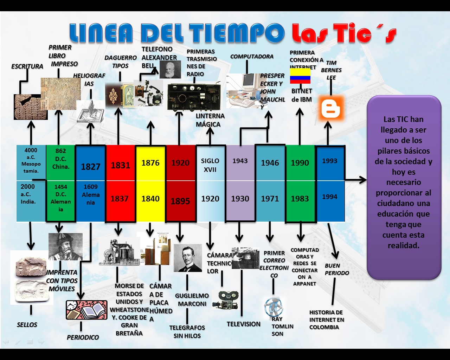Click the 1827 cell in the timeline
[91, 166]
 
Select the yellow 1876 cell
[150, 163]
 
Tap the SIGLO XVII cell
[210, 165]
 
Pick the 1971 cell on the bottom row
[270, 199]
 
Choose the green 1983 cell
[300, 199]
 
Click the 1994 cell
[330, 197]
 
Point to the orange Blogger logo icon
[331, 108]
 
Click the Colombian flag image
[300, 76]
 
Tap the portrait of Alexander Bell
[170, 69]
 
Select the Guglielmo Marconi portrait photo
[188, 258]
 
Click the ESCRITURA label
[27, 66]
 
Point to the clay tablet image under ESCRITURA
[30, 107]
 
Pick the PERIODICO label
[83, 337]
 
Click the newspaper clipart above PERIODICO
[86, 310]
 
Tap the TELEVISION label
[243, 324]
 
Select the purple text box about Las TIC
[404, 187]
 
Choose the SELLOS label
[27, 324]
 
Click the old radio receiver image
[194, 97]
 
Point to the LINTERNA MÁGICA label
[210, 120]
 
